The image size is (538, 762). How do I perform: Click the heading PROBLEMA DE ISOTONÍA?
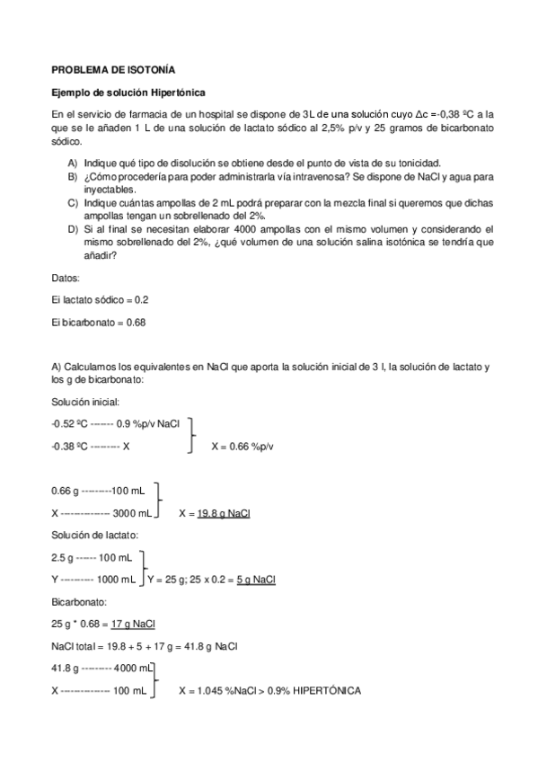click(113, 68)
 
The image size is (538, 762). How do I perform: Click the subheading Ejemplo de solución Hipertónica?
click(128, 93)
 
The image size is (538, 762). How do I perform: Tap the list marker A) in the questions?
click(72, 164)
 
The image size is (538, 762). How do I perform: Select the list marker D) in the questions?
click(72, 229)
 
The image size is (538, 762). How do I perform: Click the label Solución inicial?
click(85, 402)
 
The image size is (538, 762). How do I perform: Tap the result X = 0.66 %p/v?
click(243, 446)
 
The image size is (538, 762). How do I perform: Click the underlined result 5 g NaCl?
click(256, 580)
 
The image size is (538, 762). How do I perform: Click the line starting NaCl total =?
click(145, 646)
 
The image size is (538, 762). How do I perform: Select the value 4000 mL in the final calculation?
click(132, 669)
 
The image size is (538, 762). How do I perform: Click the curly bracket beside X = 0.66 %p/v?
click(190, 435)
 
